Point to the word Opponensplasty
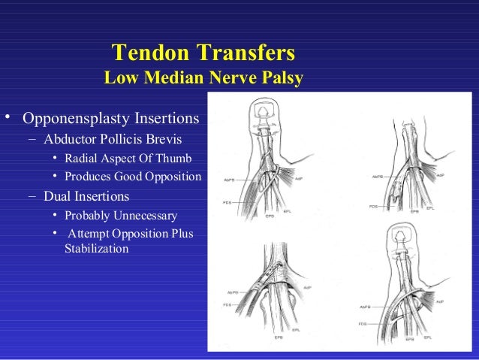coord(70,119)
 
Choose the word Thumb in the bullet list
coord(176,159)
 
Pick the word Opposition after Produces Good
coord(175,177)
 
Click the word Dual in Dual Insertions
coord(57,197)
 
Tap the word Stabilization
coord(96,248)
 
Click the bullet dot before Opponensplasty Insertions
coord(8,118)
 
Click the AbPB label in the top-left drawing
coord(230,180)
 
